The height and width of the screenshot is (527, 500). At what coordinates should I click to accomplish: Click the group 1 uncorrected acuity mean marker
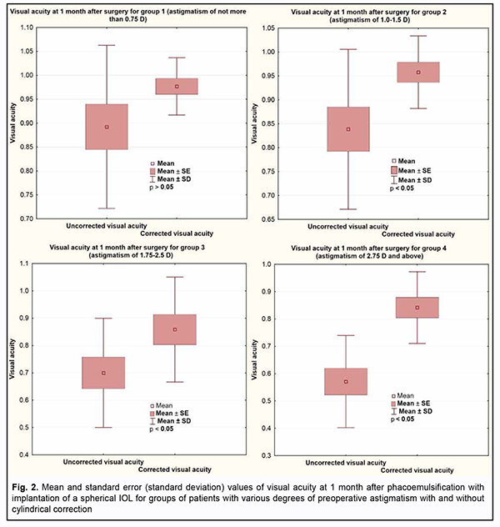coord(106,127)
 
